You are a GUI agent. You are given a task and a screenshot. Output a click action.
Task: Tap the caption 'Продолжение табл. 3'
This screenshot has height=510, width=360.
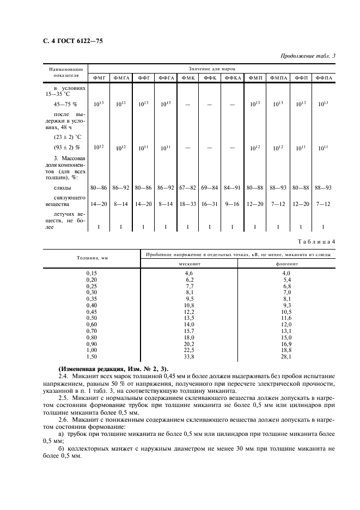tap(307, 56)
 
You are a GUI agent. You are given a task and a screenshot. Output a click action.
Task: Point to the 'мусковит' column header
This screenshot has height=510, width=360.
tap(189, 263)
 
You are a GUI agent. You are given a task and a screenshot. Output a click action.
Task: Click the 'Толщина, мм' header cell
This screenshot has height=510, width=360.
tap(90, 258)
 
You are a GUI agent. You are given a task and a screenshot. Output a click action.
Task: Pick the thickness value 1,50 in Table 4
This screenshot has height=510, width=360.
tap(91, 357)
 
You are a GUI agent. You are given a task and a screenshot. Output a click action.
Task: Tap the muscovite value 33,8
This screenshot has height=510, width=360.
tap(189, 357)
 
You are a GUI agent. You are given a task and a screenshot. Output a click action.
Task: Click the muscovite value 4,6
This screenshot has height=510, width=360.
tap(189, 272)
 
